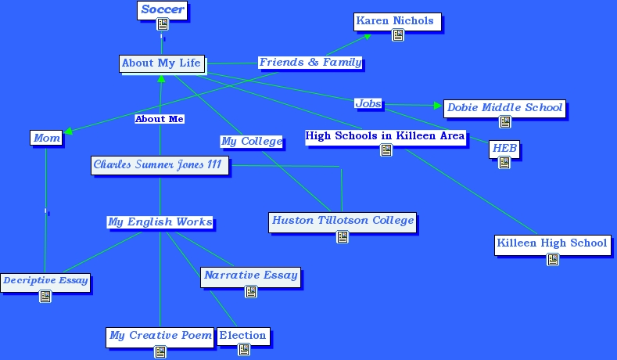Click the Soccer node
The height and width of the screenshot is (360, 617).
(x=163, y=10)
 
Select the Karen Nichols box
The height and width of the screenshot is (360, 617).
(x=395, y=21)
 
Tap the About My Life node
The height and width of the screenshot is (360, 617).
(x=161, y=63)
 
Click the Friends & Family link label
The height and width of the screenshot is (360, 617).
(x=310, y=62)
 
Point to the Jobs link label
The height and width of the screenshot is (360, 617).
(x=368, y=103)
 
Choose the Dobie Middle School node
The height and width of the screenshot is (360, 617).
(x=504, y=108)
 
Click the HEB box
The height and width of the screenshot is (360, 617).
(x=504, y=149)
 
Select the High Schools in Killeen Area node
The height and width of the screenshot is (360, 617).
(x=385, y=136)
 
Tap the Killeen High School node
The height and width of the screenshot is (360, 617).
(x=552, y=243)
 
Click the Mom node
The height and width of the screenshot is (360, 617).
(x=46, y=138)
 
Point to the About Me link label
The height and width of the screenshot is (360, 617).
(x=160, y=119)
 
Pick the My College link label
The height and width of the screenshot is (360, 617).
(x=251, y=141)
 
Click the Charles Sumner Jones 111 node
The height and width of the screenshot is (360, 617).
(x=160, y=164)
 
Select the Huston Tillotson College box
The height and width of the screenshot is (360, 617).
(x=343, y=221)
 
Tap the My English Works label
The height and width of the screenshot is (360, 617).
(x=160, y=221)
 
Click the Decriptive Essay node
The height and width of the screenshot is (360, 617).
(x=45, y=280)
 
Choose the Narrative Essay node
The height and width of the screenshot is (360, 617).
(x=250, y=275)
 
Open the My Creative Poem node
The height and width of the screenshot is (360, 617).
(x=160, y=336)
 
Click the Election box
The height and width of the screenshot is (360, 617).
(x=242, y=336)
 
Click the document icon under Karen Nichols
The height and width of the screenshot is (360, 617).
(x=397, y=35)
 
